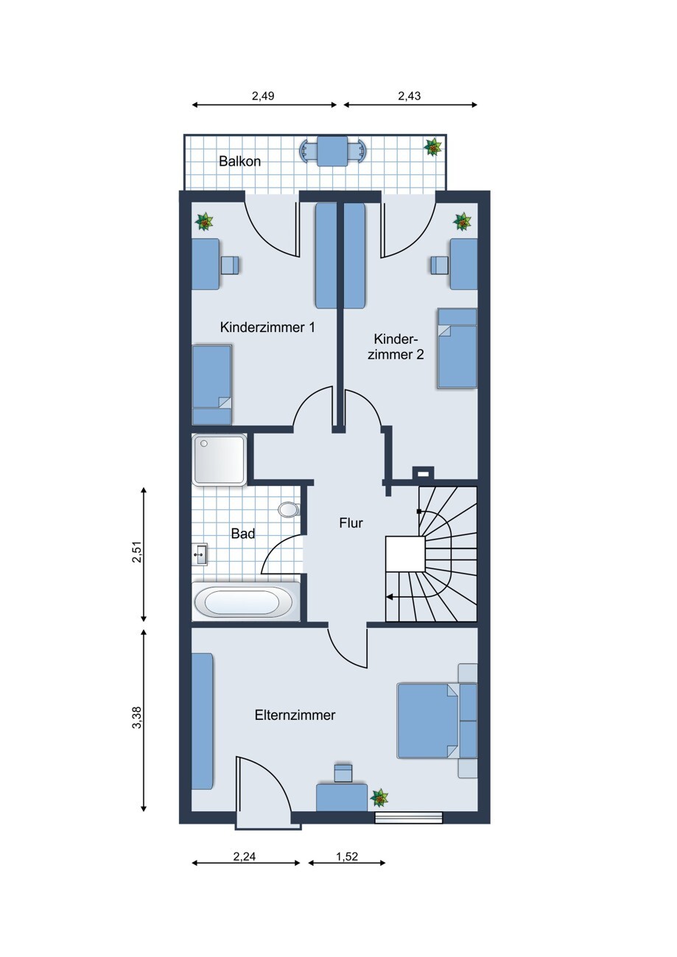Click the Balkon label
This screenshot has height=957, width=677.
click(x=239, y=161)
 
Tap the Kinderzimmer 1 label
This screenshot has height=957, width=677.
click(x=267, y=328)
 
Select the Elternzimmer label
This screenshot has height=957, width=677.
click(x=295, y=715)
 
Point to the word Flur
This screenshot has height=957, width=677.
click(x=351, y=523)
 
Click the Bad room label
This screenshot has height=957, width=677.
click(x=243, y=533)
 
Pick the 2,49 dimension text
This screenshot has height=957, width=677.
click(x=263, y=96)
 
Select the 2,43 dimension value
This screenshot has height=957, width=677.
click(x=410, y=96)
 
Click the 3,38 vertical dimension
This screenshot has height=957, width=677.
click(x=137, y=718)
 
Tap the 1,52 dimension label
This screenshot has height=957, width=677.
click(x=347, y=856)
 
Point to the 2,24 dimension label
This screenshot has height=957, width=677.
click(x=245, y=856)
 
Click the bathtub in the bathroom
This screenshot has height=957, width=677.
click(x=246, y=601)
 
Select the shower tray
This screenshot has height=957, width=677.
click(x=220, y=459)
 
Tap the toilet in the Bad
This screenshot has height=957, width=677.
click(x=290, y=509)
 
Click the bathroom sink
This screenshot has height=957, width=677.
click(x=200, y=554)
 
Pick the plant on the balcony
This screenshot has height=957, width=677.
click(x=433, y=147)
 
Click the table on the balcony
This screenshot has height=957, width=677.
click(x=332, y=151)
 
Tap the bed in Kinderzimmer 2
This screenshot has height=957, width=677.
click(x=457, y=348)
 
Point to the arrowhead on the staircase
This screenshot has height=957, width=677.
click(x=389, y=597)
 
